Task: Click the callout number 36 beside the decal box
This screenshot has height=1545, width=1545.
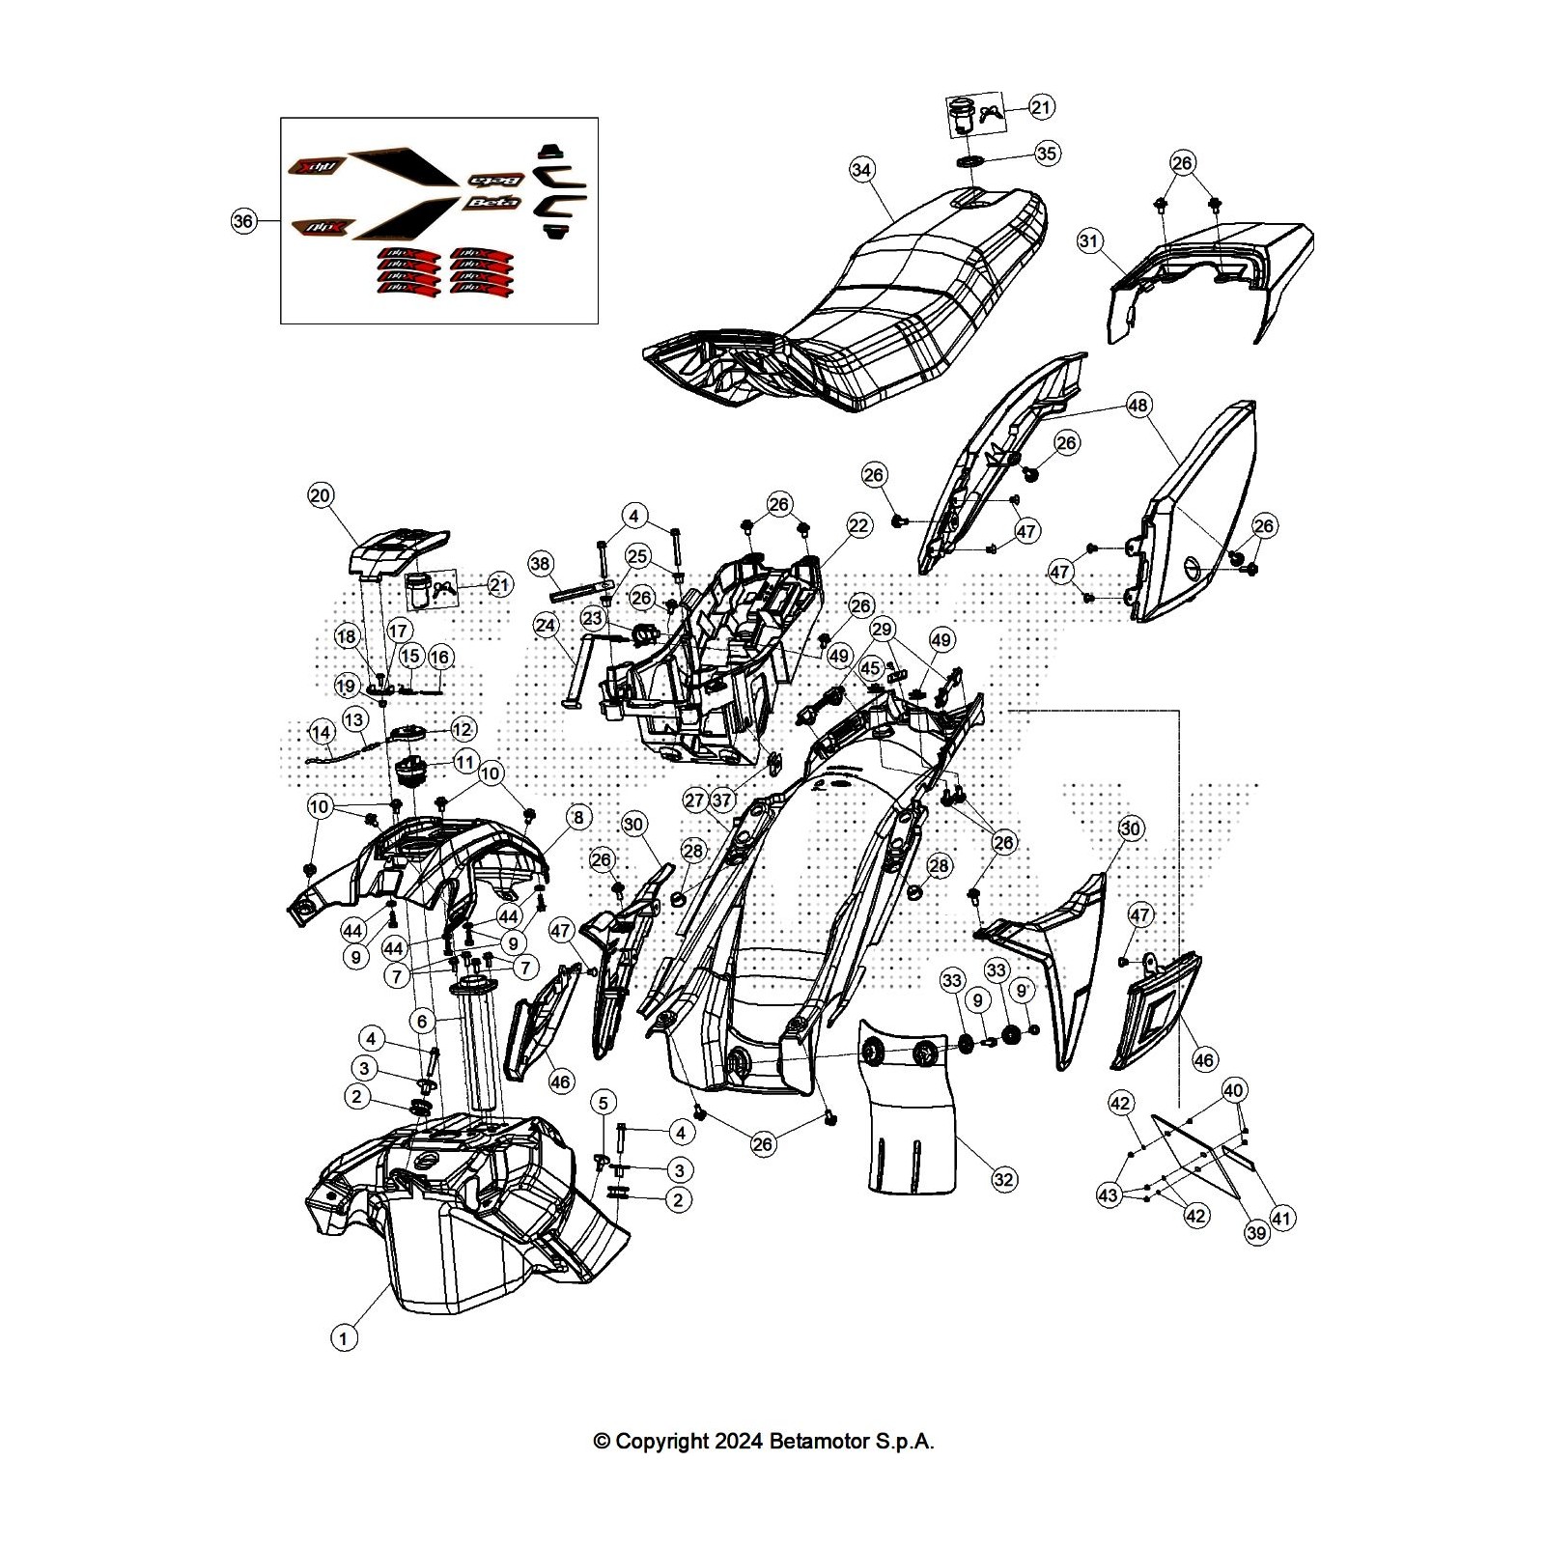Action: pyautogui.click(x=243, y=221)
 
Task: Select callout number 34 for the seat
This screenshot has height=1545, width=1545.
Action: pyautogui.click(x=861, y=170)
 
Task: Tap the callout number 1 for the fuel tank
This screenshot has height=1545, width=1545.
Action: pyautogui.click(x=343, y=1337)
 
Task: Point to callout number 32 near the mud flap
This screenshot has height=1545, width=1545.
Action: pyautogui.click(x=1004, y=1179)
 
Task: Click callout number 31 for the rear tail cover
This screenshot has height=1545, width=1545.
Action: pyautogui.click(x=1089, y=240)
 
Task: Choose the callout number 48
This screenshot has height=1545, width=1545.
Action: pyautogui.click(x=1138, y=406)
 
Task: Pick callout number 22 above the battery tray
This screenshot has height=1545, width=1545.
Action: pyautogui.click(x=859, y=525)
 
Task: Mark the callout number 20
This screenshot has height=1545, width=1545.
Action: pyautogui.click(x=320, y=495)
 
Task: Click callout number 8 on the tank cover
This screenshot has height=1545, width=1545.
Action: pyautogui.click(x=577, y=818)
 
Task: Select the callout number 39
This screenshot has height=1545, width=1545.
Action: pyautogui.click(x=1256, y=1233)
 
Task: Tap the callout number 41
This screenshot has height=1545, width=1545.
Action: pyautogui.click(x=1281, y=1219)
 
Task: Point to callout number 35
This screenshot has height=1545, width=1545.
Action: pyautogui.click(x=1047, y=153)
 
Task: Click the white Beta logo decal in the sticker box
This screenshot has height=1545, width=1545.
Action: pyautogui.click(x=493, y=203)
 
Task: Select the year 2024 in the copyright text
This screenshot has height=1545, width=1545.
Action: pyautogui.click(x=739, y=1442)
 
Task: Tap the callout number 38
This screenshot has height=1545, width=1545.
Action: pyautogui.click(x=540, y=564)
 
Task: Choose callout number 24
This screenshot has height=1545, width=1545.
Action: pyautogui.click(x=546, y=626)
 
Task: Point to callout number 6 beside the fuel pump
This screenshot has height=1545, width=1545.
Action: pyautogui.click(x=421, y=1021)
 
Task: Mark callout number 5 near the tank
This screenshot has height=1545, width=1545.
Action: pyautogui.click(x=604, y=1103)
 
